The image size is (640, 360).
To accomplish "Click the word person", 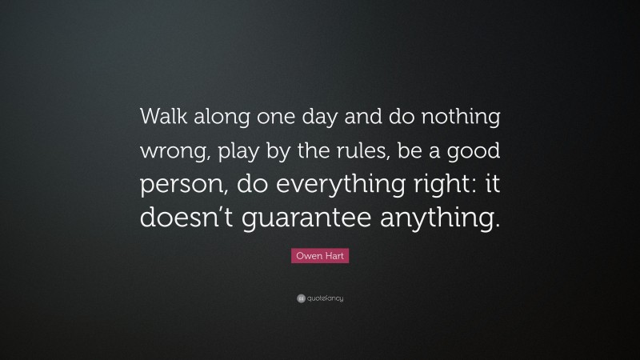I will [178, 185].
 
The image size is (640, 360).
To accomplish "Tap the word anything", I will [428, 218].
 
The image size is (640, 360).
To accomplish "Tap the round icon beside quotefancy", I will [301, 298].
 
